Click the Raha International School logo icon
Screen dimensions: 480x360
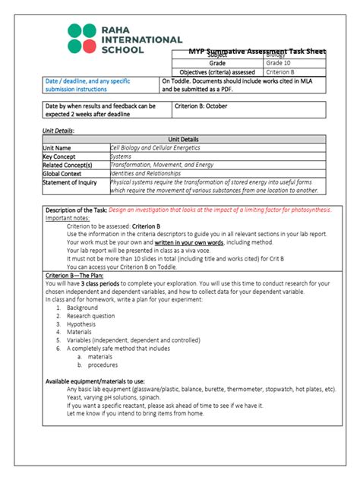click(x=83, y=38)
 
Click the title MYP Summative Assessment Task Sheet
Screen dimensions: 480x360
click(x=257, y=51)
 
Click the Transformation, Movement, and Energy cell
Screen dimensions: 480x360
click(x=162, y=164)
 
